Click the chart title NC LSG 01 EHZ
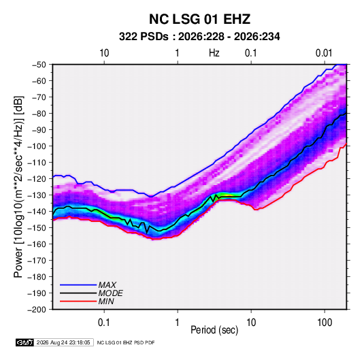pyautogui.click(x=199, y=19)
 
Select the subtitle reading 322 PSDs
pyautogui.click(x=144, y=37)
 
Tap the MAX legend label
pyautogui.click(x=107, y=284)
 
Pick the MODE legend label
pyautogui.click(x=110, y=293)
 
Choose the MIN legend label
pyautogui.click(x=106, y=301)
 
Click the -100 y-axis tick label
pyautogui.click(x=37, y=146)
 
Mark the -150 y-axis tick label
pyautogui.click(x=37, y=228)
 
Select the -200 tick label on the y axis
pyautogui.click(x=37, y=310)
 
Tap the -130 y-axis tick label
pyautogui.click(x=37, y=195)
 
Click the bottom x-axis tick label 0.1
pyautogui.click(x=104, y=323)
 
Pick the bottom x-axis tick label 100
pyautogui.click(x=325, y=323)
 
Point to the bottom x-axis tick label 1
pyautogui.click(x=178, y=323)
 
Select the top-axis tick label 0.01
pyautogui.click(x=324, y=53)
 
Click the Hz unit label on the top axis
pyautogui.click(x=214, y=53)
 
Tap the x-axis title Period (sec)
pyautogui.click(x=214, y=330)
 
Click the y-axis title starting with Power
pyautogui.click(x=18, y=187)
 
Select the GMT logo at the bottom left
pyautogui.click(x=25, y=342)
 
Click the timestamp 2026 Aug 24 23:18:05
pyautogui.click(x=63, y=342)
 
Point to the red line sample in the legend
pyautogui.click(x=78, y=301)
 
